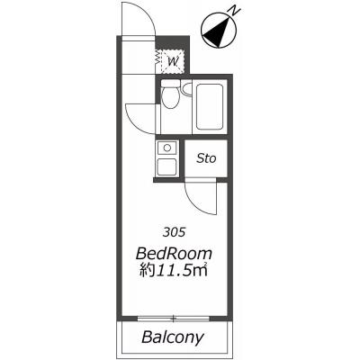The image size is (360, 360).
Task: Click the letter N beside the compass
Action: pyautogui.click(x=235, y=11)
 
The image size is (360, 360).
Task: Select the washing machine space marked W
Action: pyautogui.click(x=173, y=61)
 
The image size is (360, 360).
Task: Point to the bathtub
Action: pyautogui.click(x=210, y=107)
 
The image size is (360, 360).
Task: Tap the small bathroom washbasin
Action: pyautogui.click(x=187, y=89)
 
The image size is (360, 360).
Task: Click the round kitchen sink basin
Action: pyautogui.click(x=166, y=148)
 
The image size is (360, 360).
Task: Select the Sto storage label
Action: pyautogui.click(x=206, y=158)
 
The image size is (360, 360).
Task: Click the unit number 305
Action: pyautogui.click(x=174, y=232)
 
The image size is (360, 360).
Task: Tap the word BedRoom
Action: pyautogui.click(x=174, y=254)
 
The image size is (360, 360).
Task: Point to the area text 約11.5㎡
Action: pyautogui.click(x=174, y=271)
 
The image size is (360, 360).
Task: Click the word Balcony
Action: pyautogui.click(x=173, y=337)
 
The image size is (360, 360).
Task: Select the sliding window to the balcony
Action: pyautogui.click(x=174, y=319)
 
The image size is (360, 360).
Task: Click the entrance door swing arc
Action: pyautogui.click(x=150, y=15)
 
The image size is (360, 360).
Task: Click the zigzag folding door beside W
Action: pyautogui.click(x=157, y=57)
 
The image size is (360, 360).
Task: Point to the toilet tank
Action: pyautogui.click(x=170, y=83)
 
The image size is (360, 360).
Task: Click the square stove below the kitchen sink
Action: pyautogui.click(x=166, y=166)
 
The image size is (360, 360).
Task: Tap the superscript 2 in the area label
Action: pyautogui.click(x=206, y=265)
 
